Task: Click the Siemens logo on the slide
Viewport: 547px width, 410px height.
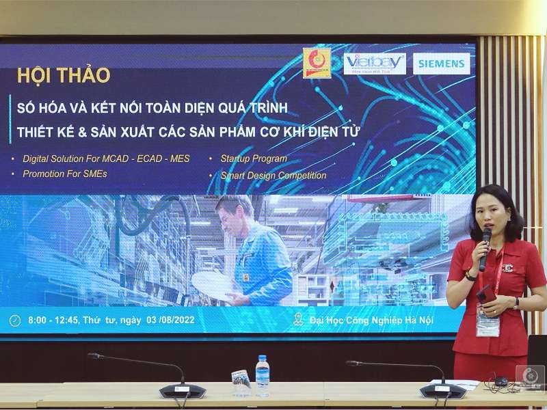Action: point(441,64)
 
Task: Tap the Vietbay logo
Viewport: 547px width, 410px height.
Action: point(375,64)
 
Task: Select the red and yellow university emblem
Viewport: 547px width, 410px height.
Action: point(317,63)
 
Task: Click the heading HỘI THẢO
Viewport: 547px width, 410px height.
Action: point(64,75)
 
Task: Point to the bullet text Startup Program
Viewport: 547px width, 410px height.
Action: point(253,159)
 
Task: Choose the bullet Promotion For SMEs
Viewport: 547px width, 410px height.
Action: point(64,174)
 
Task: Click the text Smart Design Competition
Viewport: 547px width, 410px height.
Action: point(273,175)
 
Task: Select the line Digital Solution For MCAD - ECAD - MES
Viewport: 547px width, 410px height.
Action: point(106,159)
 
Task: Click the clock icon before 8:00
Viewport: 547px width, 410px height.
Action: point(15,320)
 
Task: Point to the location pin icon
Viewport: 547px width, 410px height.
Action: point(298,319)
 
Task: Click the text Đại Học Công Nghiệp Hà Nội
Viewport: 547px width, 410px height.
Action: point(371,320)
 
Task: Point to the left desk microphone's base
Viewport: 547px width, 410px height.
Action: point(182,391)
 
